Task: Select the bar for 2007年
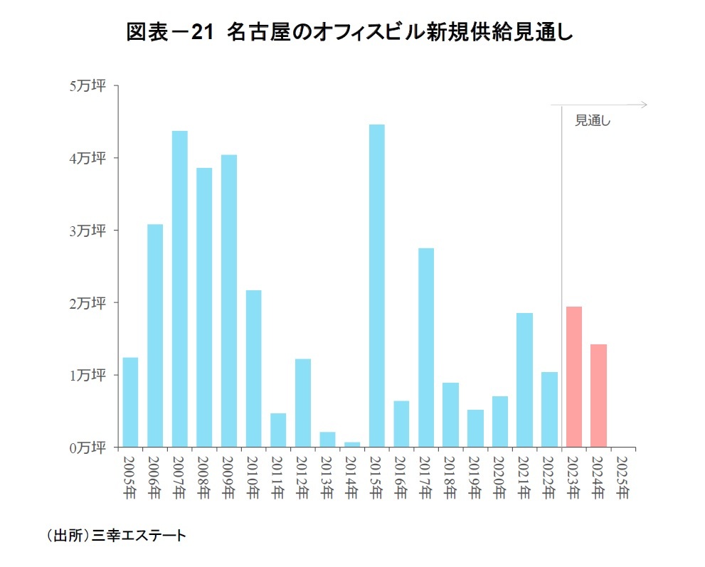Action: coord(180,289)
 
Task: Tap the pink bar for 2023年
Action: coord(573,377)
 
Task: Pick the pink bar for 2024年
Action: coord(598,396)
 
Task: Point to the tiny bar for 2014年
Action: coord(352,445)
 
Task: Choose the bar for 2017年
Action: coord(426,348)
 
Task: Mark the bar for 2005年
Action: coord(130,402)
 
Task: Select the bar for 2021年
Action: coord(524,380)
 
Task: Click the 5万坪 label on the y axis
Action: coord(88,86)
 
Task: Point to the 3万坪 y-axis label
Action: coord(88,231)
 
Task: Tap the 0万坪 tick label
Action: coord(88,448)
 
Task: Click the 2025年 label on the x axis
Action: coord(623,477)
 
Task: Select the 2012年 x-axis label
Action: coord(303,477)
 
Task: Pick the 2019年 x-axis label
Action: coord(475,477)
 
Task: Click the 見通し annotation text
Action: coord(593,121)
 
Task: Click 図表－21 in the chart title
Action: coord(170,33)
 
